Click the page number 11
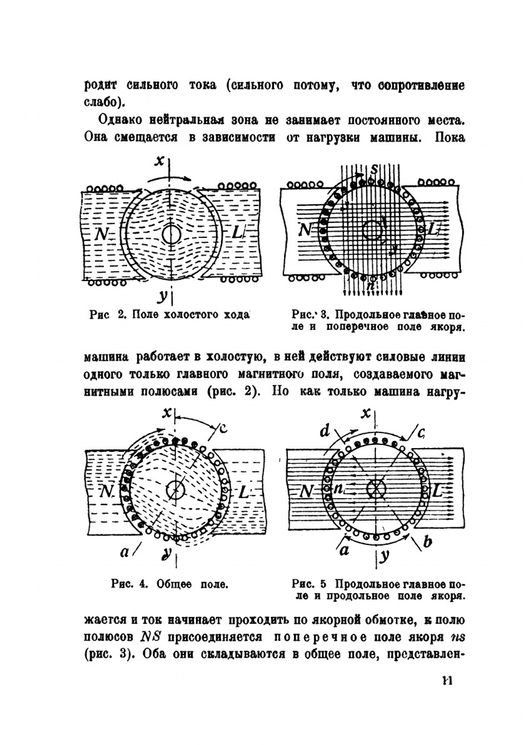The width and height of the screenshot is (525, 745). (447, 680)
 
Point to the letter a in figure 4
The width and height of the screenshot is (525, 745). (125, 552)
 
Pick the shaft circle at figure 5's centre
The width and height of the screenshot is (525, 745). (375, 489)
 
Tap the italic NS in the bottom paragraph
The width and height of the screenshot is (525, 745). (150, 636)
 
